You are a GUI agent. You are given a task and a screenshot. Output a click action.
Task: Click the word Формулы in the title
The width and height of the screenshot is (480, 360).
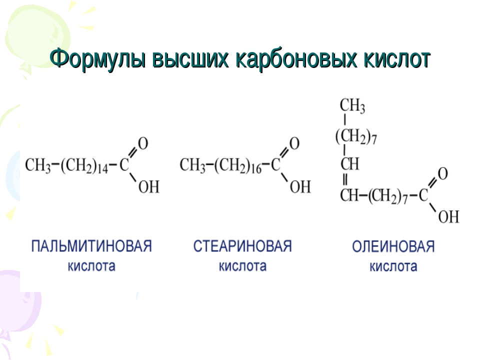pos(97,59)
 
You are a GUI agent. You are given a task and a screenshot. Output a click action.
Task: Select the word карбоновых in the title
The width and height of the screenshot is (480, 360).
pos(296,59)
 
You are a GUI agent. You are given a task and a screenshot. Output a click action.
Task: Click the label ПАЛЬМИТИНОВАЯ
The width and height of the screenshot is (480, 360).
pos(91,246)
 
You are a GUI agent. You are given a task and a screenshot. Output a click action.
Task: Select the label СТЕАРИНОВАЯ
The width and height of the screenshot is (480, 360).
pos(242,246)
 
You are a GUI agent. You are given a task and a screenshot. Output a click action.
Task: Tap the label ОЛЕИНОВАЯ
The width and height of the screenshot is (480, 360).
pos(393,246)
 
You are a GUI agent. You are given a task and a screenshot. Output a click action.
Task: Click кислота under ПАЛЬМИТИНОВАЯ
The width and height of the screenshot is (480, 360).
pos(91,266)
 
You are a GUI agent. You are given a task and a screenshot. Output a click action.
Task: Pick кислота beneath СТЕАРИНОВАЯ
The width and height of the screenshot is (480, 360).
pos(242,266)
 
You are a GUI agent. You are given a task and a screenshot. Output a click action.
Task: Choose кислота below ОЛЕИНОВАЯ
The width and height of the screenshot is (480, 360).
pos(393,266)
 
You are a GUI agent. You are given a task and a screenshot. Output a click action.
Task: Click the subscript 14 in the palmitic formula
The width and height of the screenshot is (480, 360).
pos(102,168)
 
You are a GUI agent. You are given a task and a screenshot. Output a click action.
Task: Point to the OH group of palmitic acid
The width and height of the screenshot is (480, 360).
pos(149,186)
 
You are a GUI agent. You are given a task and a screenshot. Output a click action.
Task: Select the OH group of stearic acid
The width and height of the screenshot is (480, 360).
pos(300,186)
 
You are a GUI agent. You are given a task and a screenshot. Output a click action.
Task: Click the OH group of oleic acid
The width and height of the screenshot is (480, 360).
pos(449,216)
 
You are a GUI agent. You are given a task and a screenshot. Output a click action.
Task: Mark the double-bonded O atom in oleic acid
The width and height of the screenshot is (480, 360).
pos(442,173)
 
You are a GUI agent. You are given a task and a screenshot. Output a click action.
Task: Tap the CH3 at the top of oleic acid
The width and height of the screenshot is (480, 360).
pos(352,105)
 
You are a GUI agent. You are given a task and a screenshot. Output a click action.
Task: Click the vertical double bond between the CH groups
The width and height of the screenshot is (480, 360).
pos(345,179)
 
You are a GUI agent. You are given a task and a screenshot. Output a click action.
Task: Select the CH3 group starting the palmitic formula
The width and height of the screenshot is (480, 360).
pos(38,165)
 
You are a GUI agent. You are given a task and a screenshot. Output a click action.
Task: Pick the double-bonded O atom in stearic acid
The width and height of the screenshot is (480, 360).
pos(294,143)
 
